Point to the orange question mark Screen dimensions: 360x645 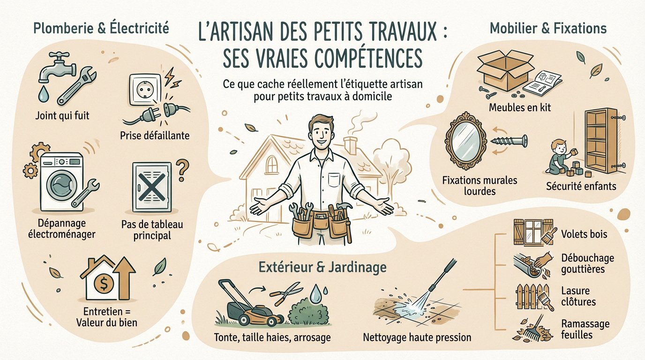[183, 167]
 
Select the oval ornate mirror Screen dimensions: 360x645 [464, 139]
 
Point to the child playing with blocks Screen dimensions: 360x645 [562, 158]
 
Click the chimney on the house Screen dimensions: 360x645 [351, 145]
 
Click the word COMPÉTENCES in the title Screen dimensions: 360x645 [357, 59]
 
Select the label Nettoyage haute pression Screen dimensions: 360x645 [417, 337]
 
